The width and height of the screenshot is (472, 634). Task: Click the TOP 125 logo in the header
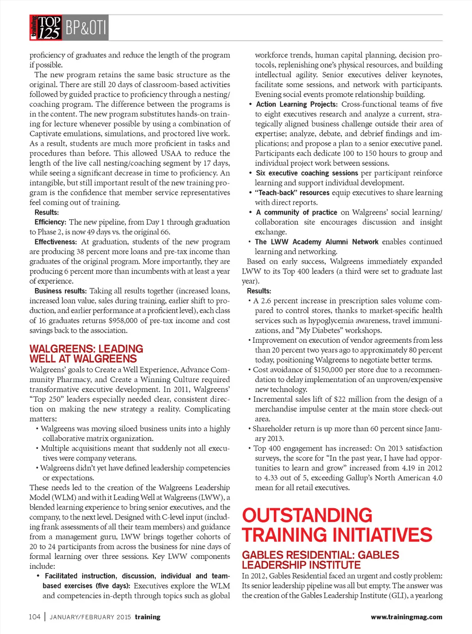click(45, 28)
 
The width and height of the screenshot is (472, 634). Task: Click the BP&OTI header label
click(86, 28)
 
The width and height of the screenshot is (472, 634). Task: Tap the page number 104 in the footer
click(35, 617)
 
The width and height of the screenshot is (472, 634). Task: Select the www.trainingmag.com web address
click(406, 617)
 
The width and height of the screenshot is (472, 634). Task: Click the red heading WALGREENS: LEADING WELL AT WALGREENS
click(86, 354)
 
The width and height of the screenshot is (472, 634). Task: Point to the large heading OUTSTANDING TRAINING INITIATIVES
click(337, 525)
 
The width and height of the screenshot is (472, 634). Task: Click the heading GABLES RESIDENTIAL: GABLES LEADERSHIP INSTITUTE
click(320, 560)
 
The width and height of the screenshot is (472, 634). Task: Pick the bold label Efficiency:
click(50, 222)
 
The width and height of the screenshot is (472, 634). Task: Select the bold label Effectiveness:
click(55, 242)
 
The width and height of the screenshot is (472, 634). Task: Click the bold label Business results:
click(60, 291)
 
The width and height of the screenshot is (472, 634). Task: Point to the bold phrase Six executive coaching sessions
click(307, 173)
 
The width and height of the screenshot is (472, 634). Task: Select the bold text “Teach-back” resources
click(292, 193)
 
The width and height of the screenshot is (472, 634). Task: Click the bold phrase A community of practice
click(296, 212)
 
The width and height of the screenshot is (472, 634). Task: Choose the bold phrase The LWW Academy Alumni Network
click(316, 242)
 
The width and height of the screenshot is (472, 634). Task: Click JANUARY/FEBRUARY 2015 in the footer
click(90, 617)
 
